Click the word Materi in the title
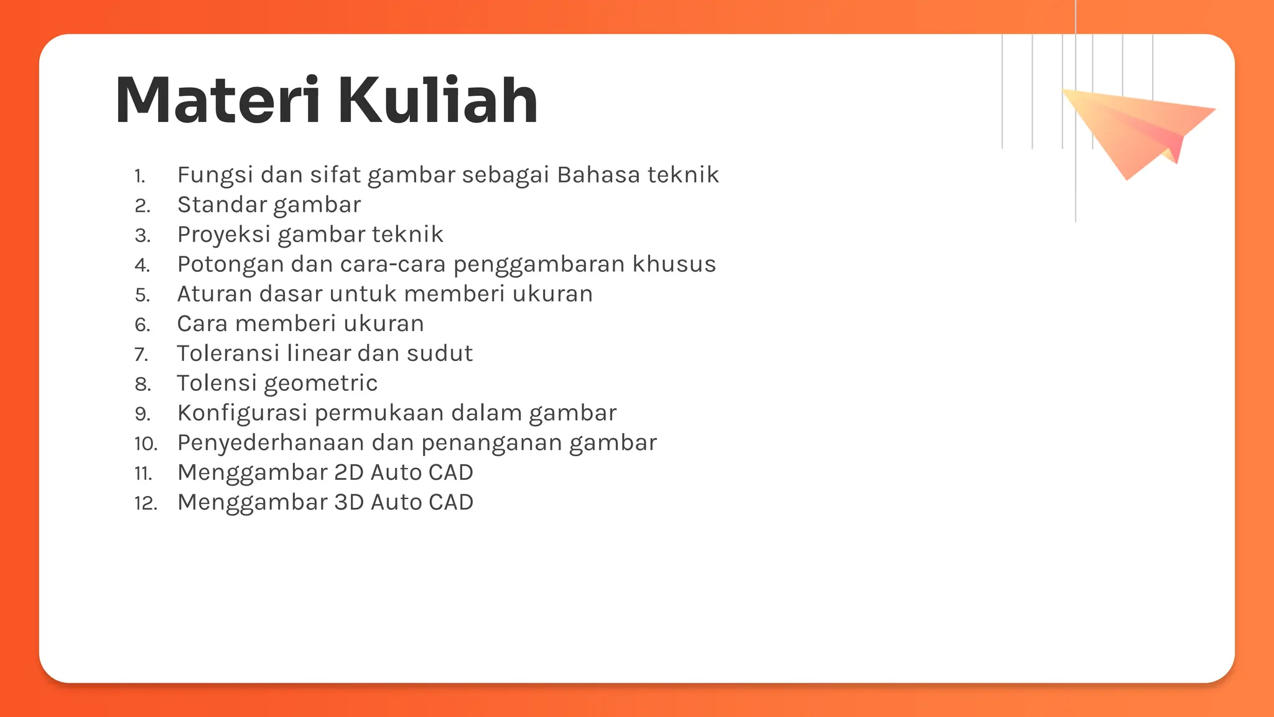pos(218,101)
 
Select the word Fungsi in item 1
pos(215,176)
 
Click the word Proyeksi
pos(223,235)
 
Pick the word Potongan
pos(230,265)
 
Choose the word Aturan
pos(215,294)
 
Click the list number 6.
pos(142,325)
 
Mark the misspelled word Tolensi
pos(216,383)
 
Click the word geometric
pos(321,384)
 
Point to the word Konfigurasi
pos(242,413)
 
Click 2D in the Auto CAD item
pos(348,473)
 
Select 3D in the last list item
pos(348,502)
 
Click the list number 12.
pos(146,504)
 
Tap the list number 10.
pos(146,444)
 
